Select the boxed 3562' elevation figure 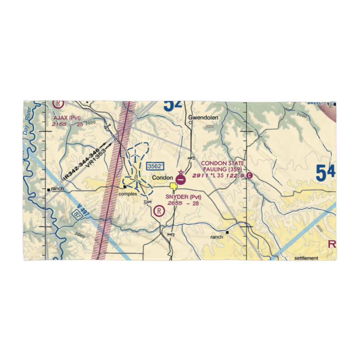tap(155, 166)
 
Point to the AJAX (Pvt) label tap(67, 118)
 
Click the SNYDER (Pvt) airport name tap(183, 197)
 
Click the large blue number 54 tap(326, 173)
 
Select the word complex tap(128, 194)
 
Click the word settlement tap(306, 258)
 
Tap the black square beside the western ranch tap(48, 189)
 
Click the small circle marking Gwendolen tap(191, 122)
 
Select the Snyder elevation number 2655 tap(175, 203)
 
